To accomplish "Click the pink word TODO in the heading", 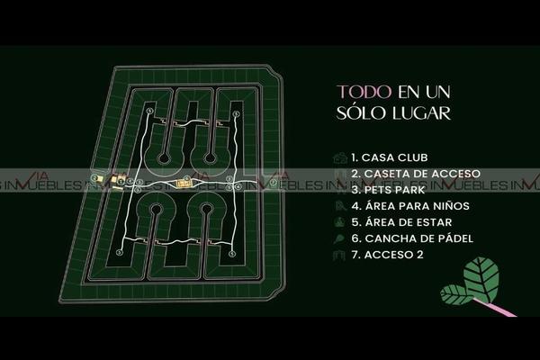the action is (x=364, y=92).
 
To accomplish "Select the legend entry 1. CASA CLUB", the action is (x=390, y=157).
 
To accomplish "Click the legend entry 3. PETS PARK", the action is (x=389, y=190).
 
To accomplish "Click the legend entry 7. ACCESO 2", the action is (x=387, y=255).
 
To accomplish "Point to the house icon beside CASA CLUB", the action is (x=340, y=157).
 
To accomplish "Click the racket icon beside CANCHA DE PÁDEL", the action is (x=339, y=238).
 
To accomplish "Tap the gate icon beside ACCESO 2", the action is (x=339, y=255).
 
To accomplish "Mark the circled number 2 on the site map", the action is (x=94, y=178).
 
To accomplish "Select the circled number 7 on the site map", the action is (x=273, y=182).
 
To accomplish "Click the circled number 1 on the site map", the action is (x=121, y=182).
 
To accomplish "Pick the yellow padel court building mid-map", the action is (x=184, y=184).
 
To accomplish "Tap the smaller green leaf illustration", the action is (x=457, y=295).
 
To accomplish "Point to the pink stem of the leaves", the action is (x=495, y=307).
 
